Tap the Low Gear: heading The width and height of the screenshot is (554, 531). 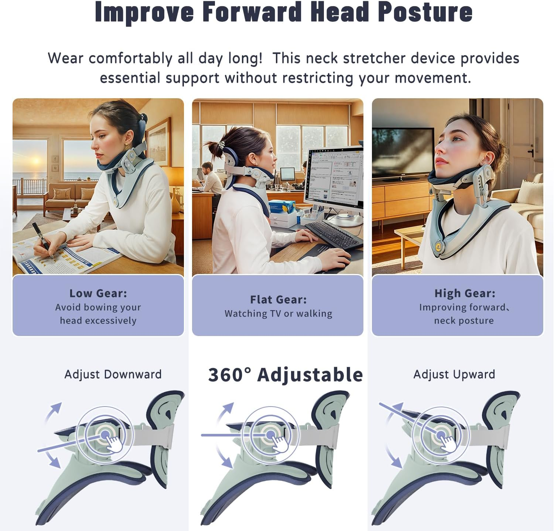(x=98, y=293)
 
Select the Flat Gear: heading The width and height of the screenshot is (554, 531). (x=278, y=299)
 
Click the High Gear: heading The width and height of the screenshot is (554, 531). (x=465, y=293)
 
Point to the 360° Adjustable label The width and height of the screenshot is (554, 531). (x=285, y=375)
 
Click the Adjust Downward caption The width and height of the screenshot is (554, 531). (x=113, y=374)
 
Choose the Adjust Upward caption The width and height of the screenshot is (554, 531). (x=454, y=374)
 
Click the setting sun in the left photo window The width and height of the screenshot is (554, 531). (x=36, y=161)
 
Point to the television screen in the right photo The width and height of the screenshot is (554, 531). (x=403, y=153)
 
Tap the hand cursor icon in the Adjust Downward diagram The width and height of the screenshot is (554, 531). (x=113, y=441)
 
